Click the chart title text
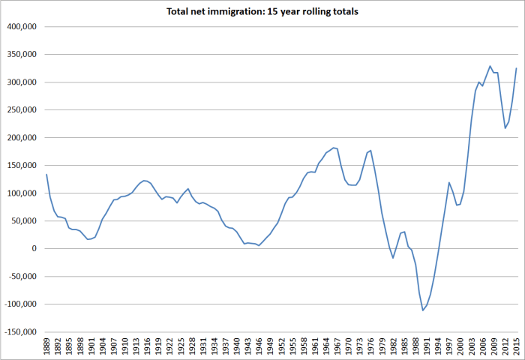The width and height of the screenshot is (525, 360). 262,11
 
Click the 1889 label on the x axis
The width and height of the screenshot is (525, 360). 46,347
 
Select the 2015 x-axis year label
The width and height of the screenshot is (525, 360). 517,347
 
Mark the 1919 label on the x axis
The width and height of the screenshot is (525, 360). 158,347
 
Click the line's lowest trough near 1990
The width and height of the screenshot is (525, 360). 423,310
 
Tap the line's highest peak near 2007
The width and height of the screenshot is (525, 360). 490,66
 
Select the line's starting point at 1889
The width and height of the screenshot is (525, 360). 46,175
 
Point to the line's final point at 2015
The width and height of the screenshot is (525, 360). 517,68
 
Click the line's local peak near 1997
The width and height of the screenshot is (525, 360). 449,182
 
